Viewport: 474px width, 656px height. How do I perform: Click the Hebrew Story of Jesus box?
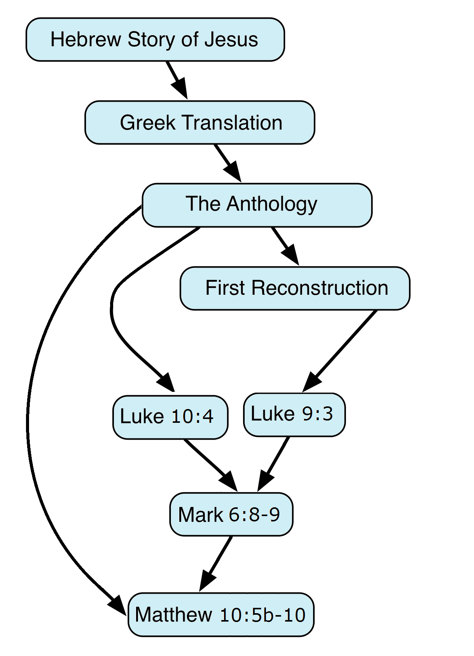[x=155, y=39]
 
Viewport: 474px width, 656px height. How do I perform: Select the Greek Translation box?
[x=200, y=122]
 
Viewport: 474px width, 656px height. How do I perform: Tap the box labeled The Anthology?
[x=257, y=205]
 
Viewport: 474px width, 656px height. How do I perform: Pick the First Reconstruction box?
[x=295, y=288]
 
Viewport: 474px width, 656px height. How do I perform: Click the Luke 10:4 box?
[x=170, y=417]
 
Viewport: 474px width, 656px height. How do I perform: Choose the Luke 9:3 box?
[x=294, y=414]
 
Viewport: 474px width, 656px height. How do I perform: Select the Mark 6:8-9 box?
[x=231, y=514]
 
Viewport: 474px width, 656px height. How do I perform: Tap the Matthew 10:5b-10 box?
[x=221, y=614]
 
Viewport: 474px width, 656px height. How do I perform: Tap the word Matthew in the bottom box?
[x=174, y=614]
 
